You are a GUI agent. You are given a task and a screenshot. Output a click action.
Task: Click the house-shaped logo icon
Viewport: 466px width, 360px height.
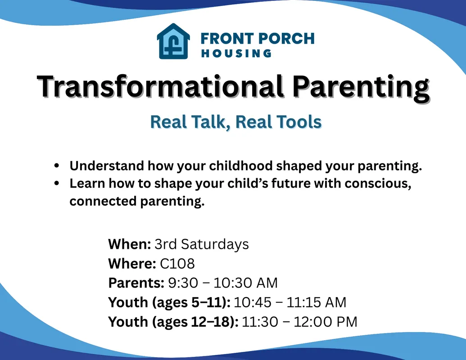coord(173,41)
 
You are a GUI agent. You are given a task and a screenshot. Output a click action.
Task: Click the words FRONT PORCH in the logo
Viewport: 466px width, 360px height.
coord(258,38)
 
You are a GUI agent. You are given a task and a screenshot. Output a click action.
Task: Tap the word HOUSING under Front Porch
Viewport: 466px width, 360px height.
coord(236,54)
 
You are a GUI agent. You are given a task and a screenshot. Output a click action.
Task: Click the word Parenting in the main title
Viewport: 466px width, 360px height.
coord(360,86)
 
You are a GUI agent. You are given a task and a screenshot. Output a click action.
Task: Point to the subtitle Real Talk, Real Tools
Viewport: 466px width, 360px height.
coord(235,122)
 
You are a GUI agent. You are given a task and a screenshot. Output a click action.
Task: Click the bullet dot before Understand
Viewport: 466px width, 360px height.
coord(56,166)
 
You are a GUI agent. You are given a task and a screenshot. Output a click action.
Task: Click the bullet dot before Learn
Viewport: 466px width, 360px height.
coord(56,184)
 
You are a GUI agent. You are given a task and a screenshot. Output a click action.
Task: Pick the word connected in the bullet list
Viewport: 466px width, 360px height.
coord(99,201)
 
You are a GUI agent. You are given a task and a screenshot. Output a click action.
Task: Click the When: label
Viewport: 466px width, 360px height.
coord(129,244)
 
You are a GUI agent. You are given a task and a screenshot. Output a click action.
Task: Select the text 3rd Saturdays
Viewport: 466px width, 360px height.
coord(201,244)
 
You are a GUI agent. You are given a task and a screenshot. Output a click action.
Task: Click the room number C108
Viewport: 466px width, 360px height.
coord(177,264)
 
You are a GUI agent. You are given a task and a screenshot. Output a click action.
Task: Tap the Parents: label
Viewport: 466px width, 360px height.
coord(136,283)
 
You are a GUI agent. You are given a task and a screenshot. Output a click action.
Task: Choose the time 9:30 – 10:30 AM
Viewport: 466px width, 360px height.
coord(222,283)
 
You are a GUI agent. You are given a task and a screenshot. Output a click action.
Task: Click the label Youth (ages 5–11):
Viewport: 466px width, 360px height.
coord(169,302)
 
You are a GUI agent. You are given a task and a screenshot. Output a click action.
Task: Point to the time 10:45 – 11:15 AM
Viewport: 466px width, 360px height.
coord(290,302)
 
